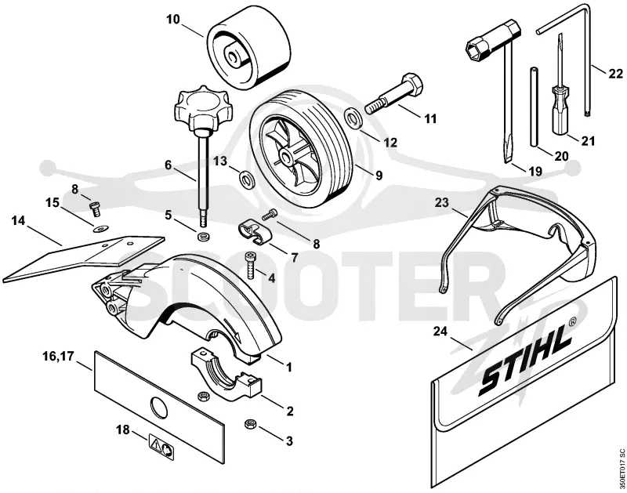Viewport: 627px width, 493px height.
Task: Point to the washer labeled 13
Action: [x=245, y=179]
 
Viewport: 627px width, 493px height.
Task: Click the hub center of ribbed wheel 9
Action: [x=285, y=155]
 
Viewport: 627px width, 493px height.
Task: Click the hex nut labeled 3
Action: [x=250, y=424]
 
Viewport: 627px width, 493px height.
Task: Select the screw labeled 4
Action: [x=251, y=265]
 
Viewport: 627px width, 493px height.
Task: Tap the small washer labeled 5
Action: [x=203, y=234]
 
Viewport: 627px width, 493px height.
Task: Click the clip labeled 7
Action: [x=253, y=233]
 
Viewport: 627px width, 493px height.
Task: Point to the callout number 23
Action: [x=443, y=202]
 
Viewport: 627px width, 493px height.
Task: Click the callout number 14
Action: [x=18, y=221]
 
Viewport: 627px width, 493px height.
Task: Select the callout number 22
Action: [x=616, y=74]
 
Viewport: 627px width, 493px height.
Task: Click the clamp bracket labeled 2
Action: [x=227, y=374]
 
